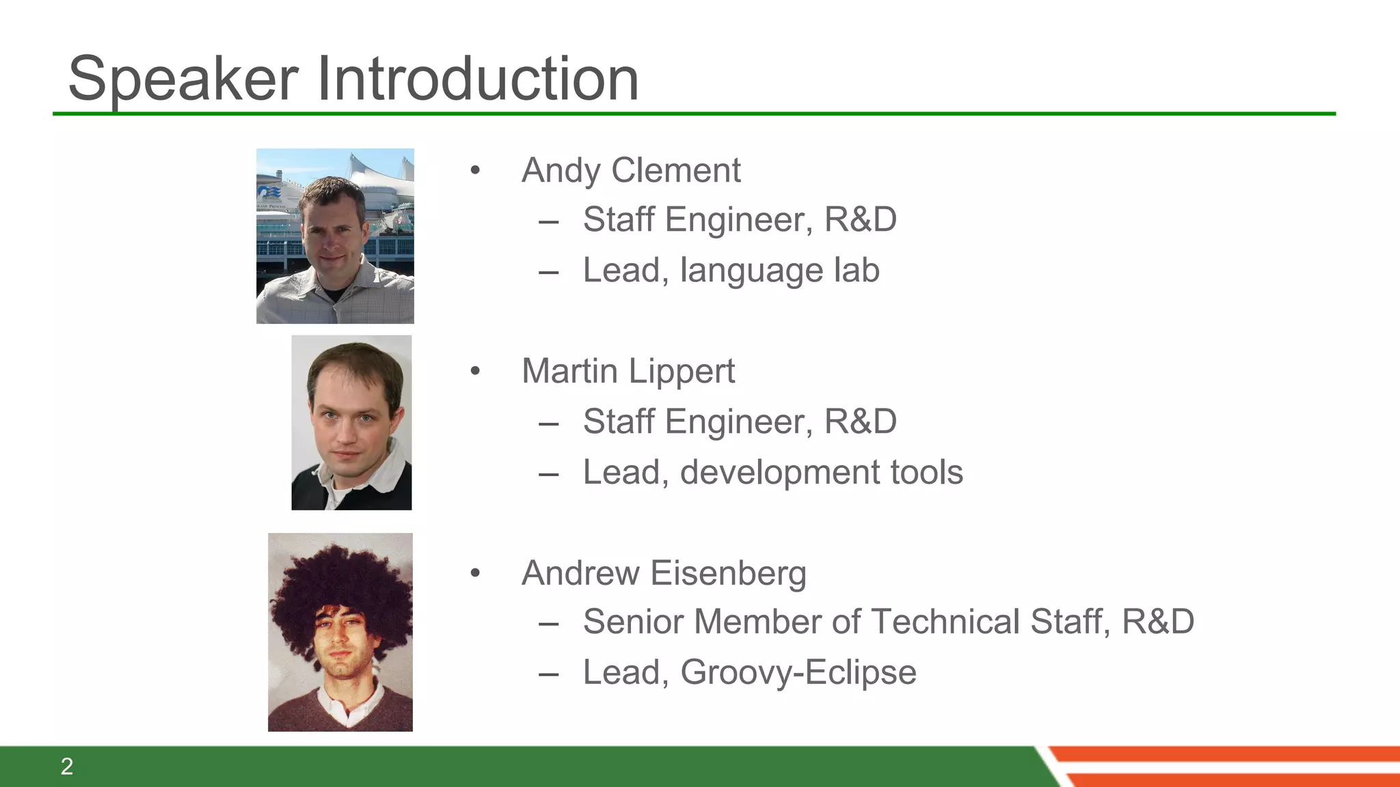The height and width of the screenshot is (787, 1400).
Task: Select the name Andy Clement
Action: [630, 170]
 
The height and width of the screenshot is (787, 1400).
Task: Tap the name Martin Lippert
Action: [628, 371]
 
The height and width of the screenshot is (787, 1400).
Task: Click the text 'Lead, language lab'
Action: [731, 270]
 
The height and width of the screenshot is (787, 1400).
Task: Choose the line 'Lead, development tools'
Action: [772, 472]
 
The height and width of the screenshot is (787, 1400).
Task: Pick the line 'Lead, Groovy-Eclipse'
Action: [749, 672]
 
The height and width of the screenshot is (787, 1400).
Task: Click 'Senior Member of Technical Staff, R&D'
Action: [888, 622]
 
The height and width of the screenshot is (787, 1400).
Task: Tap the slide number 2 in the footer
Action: [67, 767]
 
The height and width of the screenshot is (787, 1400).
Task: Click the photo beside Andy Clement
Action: [335, 236]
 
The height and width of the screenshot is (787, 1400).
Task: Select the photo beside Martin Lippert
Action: [351, 422]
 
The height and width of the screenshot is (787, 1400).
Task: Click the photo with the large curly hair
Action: [340, 632]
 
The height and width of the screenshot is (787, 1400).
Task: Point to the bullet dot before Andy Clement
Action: [475, 170]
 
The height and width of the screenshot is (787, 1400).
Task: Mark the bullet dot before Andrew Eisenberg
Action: [475, 573]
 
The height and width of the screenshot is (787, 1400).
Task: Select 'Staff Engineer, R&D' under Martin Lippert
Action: [739, 422]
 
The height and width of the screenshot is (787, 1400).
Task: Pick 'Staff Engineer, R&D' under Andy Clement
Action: [739, 220]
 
